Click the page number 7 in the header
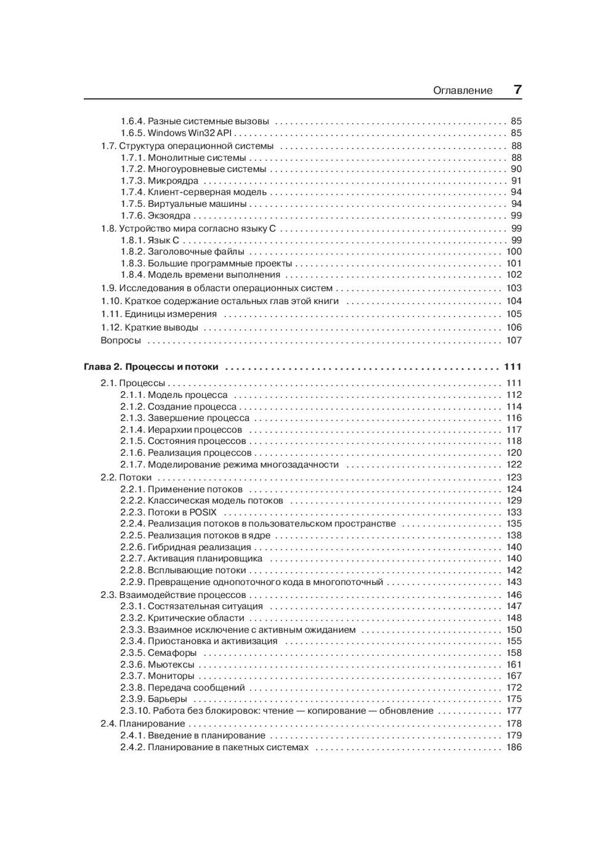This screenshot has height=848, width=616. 517,89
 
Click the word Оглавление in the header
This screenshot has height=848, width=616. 463,91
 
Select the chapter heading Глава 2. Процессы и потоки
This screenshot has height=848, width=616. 151,367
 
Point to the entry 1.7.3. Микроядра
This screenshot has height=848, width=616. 160,181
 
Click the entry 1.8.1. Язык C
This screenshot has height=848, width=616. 150,240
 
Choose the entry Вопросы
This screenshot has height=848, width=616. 121,341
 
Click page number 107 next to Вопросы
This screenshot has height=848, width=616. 514,341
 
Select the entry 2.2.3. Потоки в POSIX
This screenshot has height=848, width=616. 168,512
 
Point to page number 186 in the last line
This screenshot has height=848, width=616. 514,748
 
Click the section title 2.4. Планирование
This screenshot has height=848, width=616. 143,724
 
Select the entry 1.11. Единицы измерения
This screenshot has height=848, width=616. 159,314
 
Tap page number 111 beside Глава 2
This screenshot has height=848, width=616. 513,367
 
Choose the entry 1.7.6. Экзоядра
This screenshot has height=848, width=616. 155,216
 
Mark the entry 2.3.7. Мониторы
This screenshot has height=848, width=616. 157,676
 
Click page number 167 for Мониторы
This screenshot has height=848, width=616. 514,676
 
